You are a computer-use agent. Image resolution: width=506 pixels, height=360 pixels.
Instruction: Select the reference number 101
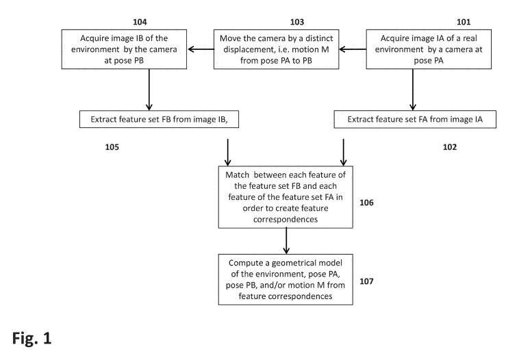coord(426,21)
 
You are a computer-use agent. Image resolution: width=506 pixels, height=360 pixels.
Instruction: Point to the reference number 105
coord(99,146)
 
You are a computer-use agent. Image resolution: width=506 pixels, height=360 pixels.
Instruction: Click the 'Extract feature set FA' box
coord(407,118)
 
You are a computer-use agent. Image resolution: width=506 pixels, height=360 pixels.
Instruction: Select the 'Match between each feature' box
coord(286,196)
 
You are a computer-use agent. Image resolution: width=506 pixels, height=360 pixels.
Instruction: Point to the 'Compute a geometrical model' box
coord(286,279)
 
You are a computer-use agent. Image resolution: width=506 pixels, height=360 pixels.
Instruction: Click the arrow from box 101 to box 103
coord(353,49)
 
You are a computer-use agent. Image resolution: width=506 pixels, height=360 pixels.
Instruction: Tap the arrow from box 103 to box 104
coord(201,49)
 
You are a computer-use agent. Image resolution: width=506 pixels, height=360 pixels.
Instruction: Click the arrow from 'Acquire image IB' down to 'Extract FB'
coord(149,88)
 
